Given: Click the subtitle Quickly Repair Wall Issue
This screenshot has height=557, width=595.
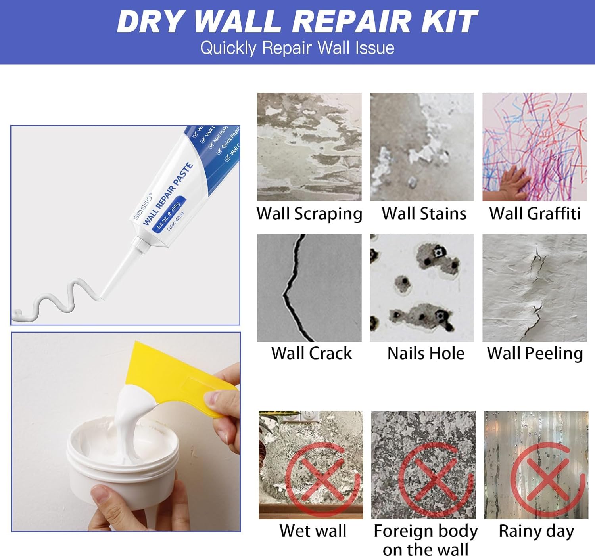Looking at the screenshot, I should pos(297,48).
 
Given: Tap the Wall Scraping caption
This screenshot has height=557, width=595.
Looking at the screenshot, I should pos(309,214).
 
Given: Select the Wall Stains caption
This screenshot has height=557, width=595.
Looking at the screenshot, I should pos(424,214).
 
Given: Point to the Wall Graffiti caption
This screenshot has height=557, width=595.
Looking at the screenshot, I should pos(535,214).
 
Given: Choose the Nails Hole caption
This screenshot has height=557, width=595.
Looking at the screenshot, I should pos(426,353).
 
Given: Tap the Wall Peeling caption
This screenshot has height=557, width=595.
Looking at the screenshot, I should pos(535,353).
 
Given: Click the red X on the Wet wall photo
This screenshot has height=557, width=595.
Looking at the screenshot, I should pos(322,479).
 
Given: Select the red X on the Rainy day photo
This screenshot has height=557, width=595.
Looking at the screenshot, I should pos(547,479).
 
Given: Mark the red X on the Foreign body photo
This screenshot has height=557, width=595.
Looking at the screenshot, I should pos(435,479).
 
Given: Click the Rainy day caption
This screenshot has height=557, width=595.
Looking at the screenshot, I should pos(536,531).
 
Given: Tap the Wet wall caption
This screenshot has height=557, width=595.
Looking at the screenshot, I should pos(313,531).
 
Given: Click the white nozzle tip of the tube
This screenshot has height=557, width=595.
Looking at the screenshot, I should pos(104,294).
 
